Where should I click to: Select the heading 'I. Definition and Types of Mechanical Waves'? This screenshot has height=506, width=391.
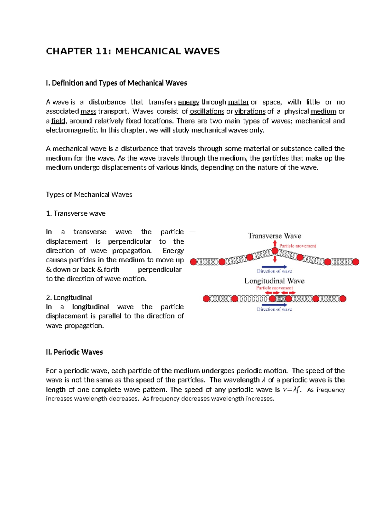(116, 83)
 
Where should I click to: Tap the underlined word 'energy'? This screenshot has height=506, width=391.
(189, 102)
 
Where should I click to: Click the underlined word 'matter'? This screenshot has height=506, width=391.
(238, 102)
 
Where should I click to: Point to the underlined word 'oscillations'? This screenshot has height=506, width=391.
(207, 111)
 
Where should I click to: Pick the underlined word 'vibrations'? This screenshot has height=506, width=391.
(250, 111)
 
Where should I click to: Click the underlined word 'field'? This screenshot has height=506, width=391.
(58, 121)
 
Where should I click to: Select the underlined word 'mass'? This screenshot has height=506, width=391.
(88, 111)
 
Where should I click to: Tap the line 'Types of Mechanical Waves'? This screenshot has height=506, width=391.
(89, 195)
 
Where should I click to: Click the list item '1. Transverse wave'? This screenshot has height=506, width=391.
(76, 213)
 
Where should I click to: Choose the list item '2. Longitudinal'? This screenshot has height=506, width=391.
(69, 297)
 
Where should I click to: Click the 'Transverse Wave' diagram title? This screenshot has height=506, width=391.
(274, 236)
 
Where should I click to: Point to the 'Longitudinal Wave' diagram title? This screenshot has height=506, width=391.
(274, 281)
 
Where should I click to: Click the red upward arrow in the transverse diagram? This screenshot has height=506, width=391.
(275, 243)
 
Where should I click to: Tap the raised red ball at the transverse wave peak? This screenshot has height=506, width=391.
(275, 251)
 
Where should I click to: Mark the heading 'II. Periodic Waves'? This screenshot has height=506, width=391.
(74, 352)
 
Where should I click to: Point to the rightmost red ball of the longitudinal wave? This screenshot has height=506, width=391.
(342, 299)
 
